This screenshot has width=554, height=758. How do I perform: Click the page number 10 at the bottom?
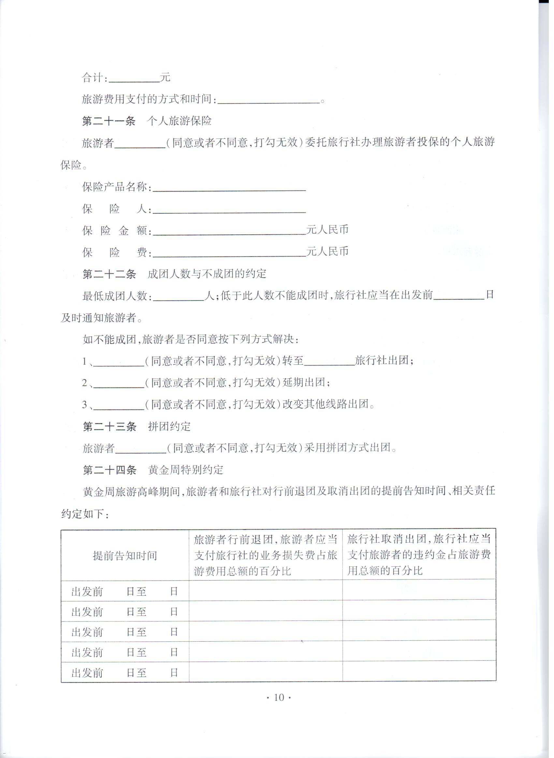tap(279, 698)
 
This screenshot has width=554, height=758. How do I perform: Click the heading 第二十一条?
tap(109, 121)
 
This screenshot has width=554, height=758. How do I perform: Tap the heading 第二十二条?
tap(109, 274)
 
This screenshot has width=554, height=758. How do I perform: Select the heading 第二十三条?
tap(110, 427)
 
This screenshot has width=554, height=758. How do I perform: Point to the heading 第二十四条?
tap(110, 470)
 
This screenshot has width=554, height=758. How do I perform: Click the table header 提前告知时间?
tap(125, 556)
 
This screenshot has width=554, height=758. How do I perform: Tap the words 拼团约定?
tap(169, 427)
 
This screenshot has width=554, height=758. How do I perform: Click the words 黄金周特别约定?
tap(185, 470)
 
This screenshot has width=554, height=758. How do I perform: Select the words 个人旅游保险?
tap(180, 121)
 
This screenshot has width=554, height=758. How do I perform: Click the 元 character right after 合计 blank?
tap(165, 78)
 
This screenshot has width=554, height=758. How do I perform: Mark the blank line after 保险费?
tap(229, 254)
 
